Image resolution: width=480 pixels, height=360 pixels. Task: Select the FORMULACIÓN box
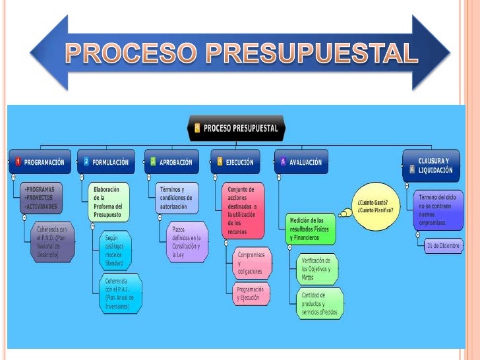(106, 162)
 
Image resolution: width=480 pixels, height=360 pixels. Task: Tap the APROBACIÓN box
(171, 162)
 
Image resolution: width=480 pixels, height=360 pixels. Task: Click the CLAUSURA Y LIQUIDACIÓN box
(432, 165)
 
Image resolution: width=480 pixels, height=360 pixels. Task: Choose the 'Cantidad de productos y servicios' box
(318, 303)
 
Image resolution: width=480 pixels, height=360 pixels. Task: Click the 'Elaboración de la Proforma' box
(109, 200)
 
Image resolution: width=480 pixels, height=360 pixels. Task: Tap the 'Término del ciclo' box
(436, 209)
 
